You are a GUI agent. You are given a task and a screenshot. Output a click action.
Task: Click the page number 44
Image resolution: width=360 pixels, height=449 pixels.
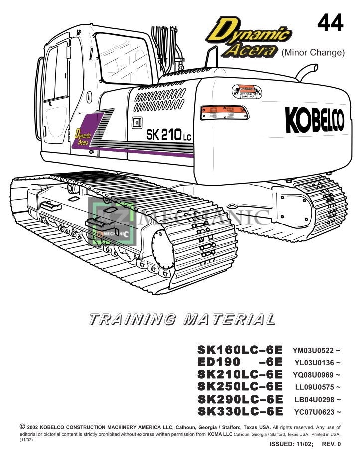coord(330,23)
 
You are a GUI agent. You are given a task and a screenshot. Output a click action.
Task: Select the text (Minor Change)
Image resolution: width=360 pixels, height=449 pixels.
coord(313,52)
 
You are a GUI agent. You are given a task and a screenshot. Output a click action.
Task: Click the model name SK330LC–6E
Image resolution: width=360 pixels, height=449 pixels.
coord(240,411)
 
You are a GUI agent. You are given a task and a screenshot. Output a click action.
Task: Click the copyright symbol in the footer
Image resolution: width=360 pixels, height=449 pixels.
coord(22,427)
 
